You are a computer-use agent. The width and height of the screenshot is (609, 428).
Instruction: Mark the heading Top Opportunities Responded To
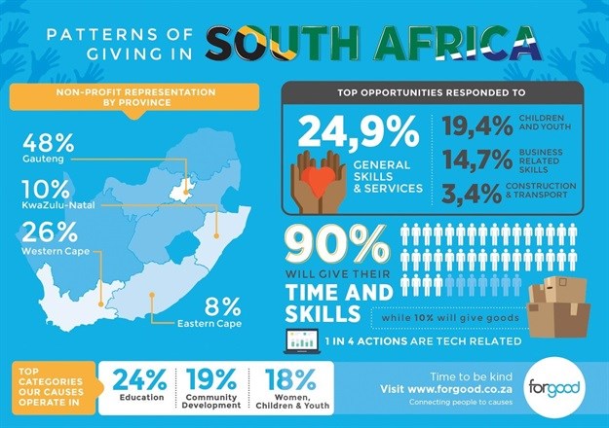[427, 93]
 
